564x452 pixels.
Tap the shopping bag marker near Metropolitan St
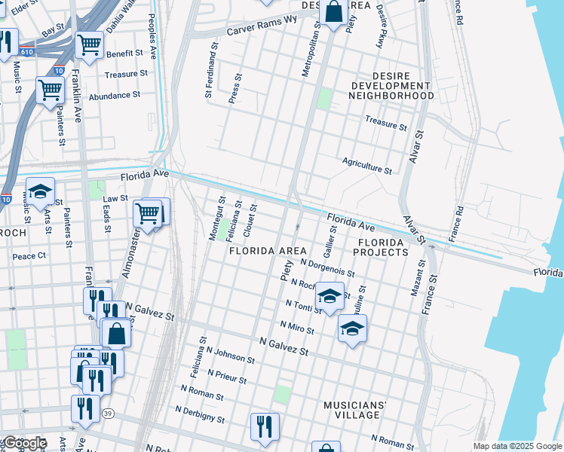point(333,12)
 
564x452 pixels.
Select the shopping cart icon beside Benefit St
point(90,45)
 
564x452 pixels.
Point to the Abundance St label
point(115,96)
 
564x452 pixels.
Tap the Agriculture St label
point(367,166)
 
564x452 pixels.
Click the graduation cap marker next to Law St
point(41,191)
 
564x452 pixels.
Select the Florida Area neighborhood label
point(268,251)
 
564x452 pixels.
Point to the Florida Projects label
point(383,248)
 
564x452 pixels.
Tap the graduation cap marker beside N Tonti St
point(330,296)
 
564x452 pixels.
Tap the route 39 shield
point(109,414)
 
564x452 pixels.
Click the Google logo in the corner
point(24,443)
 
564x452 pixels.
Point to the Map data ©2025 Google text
point(517,446)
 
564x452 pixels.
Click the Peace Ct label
point(29,256)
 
